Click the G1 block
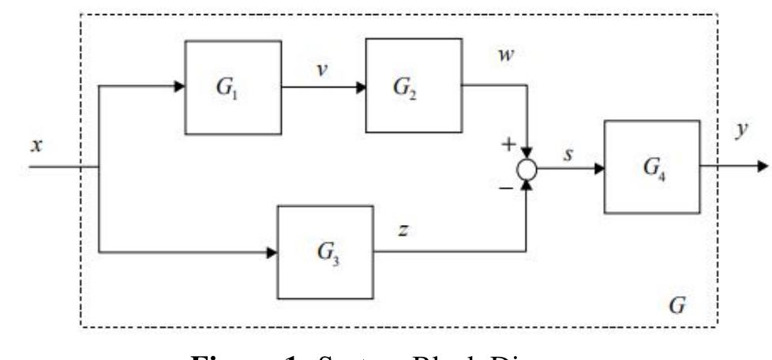233,87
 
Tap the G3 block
324,253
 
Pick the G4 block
651,167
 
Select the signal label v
322,69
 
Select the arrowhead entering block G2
359,87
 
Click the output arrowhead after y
761,167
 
